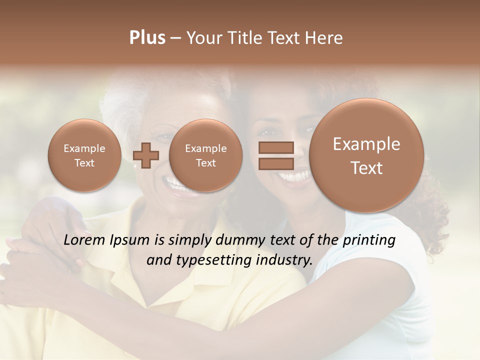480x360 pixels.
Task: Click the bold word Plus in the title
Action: coord(147,38)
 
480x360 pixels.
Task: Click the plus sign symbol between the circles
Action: coord(146,155)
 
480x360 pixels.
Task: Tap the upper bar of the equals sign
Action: coord(275,147)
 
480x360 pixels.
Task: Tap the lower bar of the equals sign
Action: coord(275,163)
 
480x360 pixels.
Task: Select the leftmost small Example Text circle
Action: coord(84,155)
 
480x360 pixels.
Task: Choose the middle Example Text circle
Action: coord(205,155)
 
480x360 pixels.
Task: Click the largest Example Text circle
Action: coord(366,156)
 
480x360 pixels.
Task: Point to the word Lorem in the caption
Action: coord(84,240)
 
